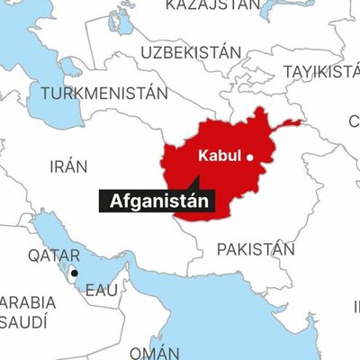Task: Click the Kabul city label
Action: pyautogui.click(x=219, y=155)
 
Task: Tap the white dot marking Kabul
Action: pyautogui.click(x=250, y=157)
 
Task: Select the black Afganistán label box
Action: pyautogui.click(x=157, y=201)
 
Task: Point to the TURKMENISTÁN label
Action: pyautogui.click(x=104, y=93)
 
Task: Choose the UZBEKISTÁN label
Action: pyautogui.click(x=190, y=53)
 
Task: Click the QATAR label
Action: pyautogui.click(x=53, y=256)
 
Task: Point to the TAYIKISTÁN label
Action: pyautogui.click(x=319, y=71)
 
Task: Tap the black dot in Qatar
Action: pyautogui.click(x=75, y=273)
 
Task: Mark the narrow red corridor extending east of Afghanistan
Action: pyautogui.click(x=290, y=123)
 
